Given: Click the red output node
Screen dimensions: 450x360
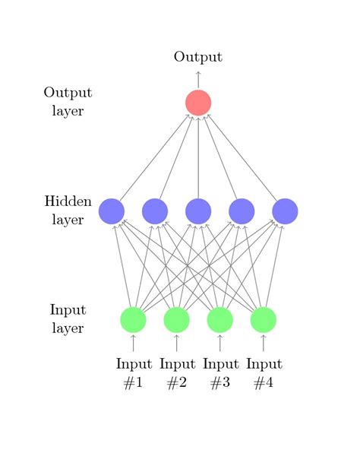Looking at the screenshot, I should coord(198,102).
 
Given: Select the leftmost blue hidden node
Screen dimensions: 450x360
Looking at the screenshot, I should coord(112,211).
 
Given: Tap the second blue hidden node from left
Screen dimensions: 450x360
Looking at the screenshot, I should coord(155,211).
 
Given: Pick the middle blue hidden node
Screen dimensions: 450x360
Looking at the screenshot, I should coord(198,211).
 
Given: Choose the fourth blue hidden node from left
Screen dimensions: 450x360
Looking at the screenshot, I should coord(242,211).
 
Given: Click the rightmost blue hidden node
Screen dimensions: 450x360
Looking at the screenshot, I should coord(285,211).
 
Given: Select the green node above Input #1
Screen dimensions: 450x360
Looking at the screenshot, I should coord(133,319).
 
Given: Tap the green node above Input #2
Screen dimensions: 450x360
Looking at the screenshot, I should coord(176,319).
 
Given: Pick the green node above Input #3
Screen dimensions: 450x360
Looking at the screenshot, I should coord(219,319).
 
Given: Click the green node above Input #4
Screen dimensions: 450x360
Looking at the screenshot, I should coord(263,319).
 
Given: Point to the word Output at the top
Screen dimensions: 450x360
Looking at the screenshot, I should coord(198,57).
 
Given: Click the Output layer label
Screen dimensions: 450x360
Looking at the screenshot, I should coord(68,102).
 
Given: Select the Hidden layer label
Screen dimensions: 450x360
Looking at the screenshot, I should coord(68,211).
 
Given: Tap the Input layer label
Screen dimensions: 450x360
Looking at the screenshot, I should coord(68,319).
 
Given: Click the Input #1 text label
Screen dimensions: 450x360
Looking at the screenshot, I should coord(134,373).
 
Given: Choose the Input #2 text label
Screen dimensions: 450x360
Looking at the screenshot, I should coord(177,373).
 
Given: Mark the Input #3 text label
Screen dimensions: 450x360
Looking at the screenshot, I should coord(220,373).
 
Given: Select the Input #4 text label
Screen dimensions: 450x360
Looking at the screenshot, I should coord(264,373).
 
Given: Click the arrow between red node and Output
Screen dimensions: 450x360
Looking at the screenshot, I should coord(198,79).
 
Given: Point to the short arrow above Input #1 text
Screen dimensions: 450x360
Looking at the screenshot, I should coord(133,343).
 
